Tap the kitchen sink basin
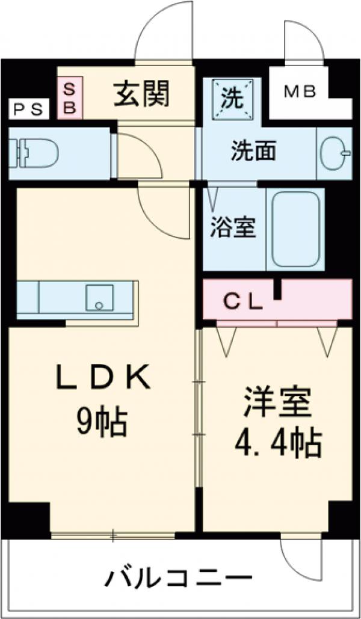[99, 298]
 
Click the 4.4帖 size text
[277, 444]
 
